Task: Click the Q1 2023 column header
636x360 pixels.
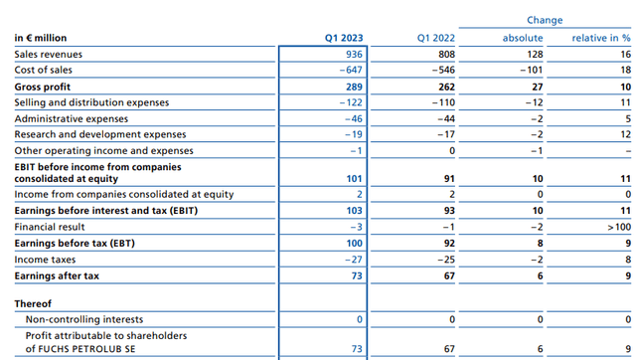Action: pos(344,38)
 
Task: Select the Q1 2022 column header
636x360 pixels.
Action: pos(438,38)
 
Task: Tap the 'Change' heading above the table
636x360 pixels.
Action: pos(545,20)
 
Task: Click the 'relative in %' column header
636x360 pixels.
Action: pos(600,38)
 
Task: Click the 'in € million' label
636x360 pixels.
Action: pos(41,38)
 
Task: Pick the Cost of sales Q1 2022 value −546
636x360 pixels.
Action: pos(444,71)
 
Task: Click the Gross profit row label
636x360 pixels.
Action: pos(42,87)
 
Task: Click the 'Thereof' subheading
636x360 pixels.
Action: pos(33,302)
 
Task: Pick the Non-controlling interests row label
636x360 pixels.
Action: pos(83,319)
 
